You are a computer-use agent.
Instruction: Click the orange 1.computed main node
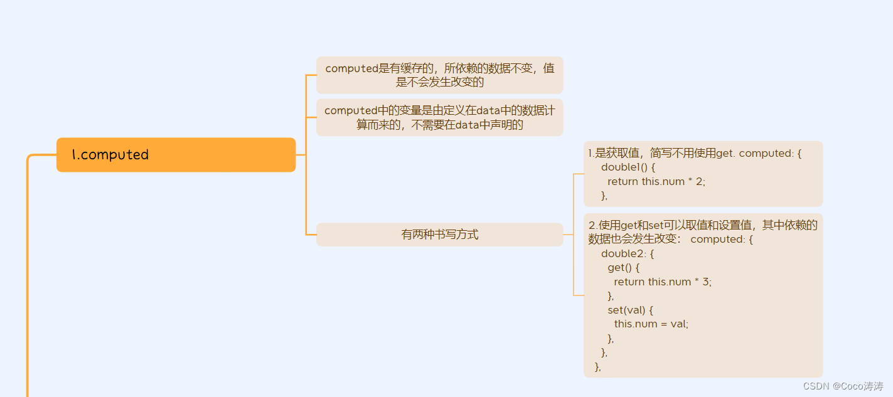click(176, 155)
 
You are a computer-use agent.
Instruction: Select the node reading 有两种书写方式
click(439, 235)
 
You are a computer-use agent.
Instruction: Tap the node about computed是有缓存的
click(439, 75)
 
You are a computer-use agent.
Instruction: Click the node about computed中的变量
click(439, 117)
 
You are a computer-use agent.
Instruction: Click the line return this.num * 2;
click(661, 181)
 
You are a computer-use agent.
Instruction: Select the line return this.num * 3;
click(663, 282)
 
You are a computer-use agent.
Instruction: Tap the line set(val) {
click(631, 310)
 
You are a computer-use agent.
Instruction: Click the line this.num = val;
click(651, 324)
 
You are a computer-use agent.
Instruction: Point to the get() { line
click(623, 268)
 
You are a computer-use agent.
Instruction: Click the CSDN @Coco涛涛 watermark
click(843, 386)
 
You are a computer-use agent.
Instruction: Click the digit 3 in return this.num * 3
click(707, 282)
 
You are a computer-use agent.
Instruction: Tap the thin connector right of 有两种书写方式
click(568, 235)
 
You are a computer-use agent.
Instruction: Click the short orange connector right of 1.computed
click(301, 155)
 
